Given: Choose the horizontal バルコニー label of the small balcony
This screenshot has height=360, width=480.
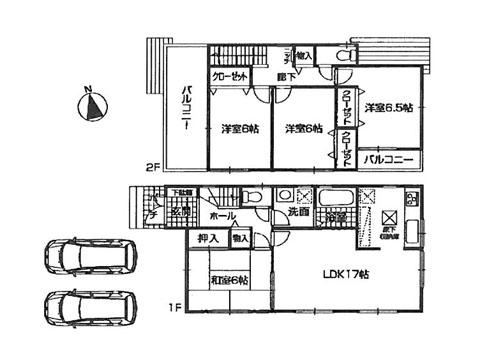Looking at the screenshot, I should [x=391, y=159].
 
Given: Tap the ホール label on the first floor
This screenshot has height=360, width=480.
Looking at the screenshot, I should [x=222, y=214].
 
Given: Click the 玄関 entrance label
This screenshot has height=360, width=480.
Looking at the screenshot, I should [x=180, y=213].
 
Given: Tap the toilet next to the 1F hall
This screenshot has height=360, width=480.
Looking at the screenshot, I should [x=255, y=199].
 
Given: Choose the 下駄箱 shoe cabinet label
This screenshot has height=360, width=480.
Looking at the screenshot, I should [x=181, y=192].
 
